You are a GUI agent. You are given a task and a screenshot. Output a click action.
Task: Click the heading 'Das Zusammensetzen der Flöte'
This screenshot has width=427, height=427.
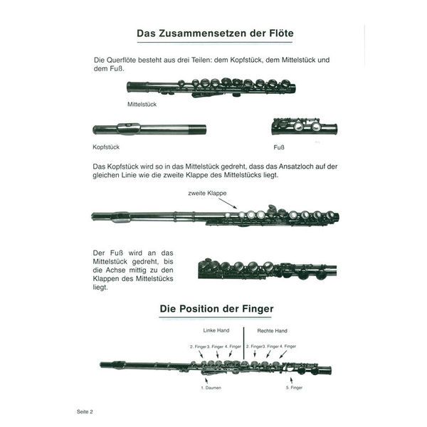215,33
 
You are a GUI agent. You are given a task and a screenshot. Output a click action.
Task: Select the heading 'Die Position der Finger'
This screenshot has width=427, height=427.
216,309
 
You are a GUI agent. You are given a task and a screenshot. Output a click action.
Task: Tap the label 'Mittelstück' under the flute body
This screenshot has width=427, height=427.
142,105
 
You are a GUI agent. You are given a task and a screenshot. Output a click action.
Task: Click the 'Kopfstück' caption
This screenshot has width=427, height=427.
106,147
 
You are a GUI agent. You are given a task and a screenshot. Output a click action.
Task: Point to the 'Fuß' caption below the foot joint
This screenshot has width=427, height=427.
279,147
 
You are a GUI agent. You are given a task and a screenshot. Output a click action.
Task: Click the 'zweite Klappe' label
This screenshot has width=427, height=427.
207,193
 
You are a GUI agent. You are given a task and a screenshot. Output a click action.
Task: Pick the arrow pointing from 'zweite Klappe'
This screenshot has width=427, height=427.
228,204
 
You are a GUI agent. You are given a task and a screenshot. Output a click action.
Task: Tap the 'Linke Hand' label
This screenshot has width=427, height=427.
216,330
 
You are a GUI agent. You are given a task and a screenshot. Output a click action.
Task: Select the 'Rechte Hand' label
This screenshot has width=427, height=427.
272,331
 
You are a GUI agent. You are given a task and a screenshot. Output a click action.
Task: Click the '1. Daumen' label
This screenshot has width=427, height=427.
211,388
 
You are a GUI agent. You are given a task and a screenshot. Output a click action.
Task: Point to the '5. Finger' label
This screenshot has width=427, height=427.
294,388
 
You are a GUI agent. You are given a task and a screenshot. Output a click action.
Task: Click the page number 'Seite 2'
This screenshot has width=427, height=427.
85,412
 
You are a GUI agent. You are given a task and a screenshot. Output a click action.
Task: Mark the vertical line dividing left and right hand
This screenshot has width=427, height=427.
243,344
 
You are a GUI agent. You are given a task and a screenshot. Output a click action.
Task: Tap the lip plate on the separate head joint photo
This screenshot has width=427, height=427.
129,129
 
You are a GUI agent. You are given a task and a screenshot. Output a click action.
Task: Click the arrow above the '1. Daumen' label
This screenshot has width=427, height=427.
206,381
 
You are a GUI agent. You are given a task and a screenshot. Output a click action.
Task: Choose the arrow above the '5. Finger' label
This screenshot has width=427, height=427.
291,381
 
